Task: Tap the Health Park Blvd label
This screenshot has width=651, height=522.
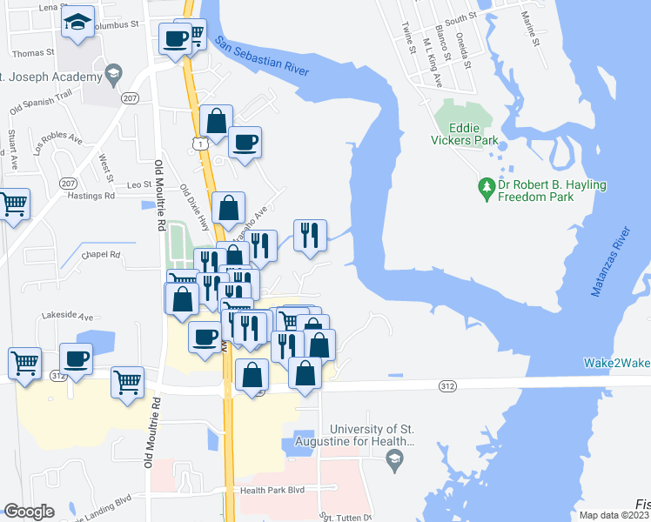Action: [272, 490]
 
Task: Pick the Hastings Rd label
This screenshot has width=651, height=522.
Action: [91, 196]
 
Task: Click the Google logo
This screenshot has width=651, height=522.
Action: [29, 511]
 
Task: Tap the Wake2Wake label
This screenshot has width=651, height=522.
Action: [616, 363]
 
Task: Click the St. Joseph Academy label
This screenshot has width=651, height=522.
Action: [52, 77]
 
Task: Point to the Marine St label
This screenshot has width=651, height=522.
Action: [533, 27]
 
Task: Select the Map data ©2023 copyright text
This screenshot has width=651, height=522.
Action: [614, 515]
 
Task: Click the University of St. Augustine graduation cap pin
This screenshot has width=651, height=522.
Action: [396, 458]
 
